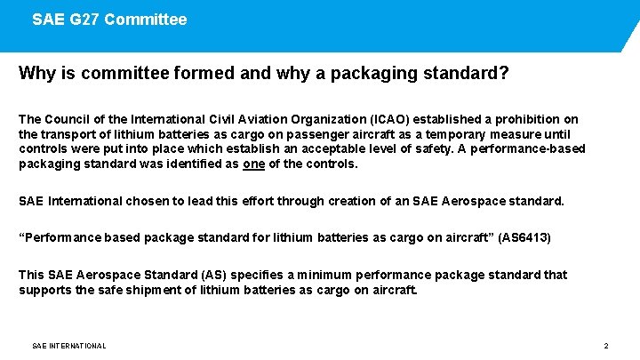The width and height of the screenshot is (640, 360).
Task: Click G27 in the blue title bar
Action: pos(86,19)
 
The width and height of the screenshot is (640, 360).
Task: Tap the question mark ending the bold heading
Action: pos(504,73)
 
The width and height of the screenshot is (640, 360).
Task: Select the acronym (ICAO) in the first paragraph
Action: pos(390,119)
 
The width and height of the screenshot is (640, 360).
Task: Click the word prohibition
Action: pos(524,119)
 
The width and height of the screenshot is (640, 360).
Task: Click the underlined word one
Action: pos(254,164)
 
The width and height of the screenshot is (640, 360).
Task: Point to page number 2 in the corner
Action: pos(605,346)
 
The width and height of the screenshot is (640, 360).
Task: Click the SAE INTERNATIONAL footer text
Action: pos(68,346)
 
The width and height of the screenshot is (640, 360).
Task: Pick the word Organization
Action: pos(345,119)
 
